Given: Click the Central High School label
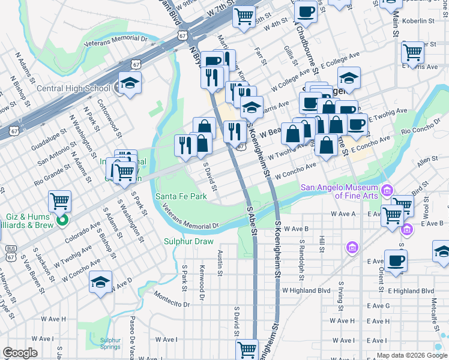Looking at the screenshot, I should tap(73, 88).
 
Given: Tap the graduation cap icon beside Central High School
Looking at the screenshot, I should tap(129, 84).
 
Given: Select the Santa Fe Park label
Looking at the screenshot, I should tap(181, 196).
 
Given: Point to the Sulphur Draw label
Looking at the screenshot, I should tap(188, 242).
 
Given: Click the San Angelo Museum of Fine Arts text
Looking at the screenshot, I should tap(340, 191).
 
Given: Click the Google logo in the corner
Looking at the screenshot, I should tap(20, 352).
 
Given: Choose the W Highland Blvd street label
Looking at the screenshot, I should tap(306, 290).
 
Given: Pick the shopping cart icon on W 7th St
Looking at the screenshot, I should tap(244, 16).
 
